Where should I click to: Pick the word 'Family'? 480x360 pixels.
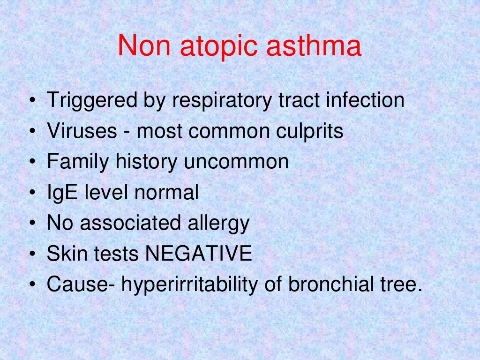pos(76,162)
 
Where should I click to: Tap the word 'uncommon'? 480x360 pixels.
pos(236,162)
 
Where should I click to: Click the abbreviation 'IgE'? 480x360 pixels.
pos(62,193)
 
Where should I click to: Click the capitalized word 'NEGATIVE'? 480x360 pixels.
pos(198,254)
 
